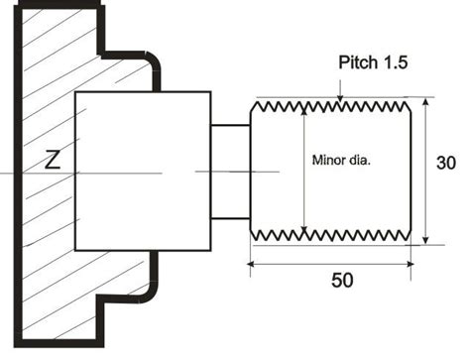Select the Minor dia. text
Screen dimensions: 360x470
click(x=341, y=160)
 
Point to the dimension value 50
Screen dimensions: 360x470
click(x=341, y=282)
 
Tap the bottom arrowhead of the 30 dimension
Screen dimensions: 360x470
click(x=425, y=239)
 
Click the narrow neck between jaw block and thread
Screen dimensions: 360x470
click(x=229, y=172)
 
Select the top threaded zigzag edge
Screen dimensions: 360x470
click(x=332, y=103)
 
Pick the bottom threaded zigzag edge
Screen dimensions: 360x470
click(x=332, y=234)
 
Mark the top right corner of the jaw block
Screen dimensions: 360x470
click(x=210, y=92)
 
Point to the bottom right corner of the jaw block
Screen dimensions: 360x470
click(x=210, y=250)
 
